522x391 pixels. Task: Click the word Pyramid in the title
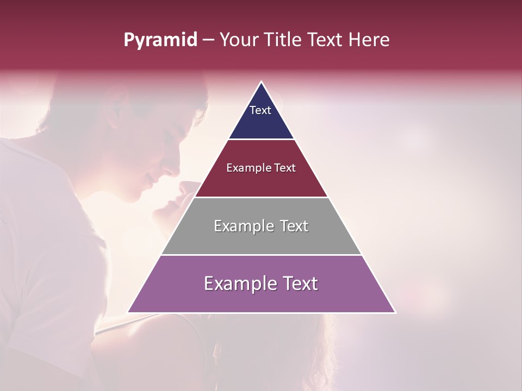[160, 40]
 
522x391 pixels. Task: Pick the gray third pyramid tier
[262, 239]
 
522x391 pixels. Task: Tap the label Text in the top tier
[260, 110]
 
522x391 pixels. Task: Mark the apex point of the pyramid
[262, 82]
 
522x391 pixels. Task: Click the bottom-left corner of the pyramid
[128, 312]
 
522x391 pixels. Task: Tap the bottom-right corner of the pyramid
[395, 312]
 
